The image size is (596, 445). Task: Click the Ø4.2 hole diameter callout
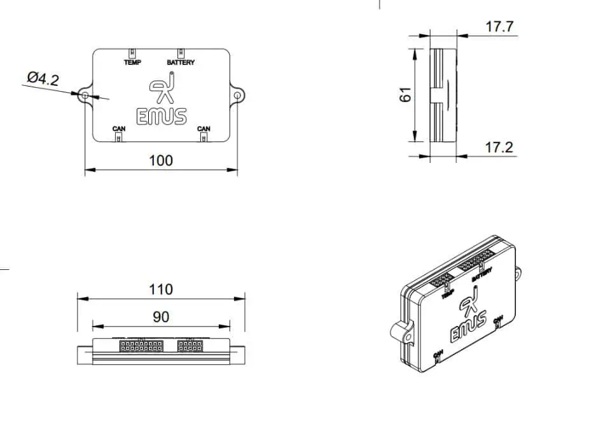(43, 79)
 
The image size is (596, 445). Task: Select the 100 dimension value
(160, 160)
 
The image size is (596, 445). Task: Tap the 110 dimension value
(160, 289)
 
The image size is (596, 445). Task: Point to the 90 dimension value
(162, 316)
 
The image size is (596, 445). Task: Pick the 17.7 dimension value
(499, 27)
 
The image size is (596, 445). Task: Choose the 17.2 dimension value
(499, 148)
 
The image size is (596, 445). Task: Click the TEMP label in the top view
(132, 62)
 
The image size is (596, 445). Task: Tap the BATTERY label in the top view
(181, 62)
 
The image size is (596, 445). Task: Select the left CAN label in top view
(119, 129)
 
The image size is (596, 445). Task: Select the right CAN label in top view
(204, 129)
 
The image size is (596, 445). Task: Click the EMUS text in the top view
(162, 117)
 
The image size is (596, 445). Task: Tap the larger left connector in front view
(141, 346)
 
